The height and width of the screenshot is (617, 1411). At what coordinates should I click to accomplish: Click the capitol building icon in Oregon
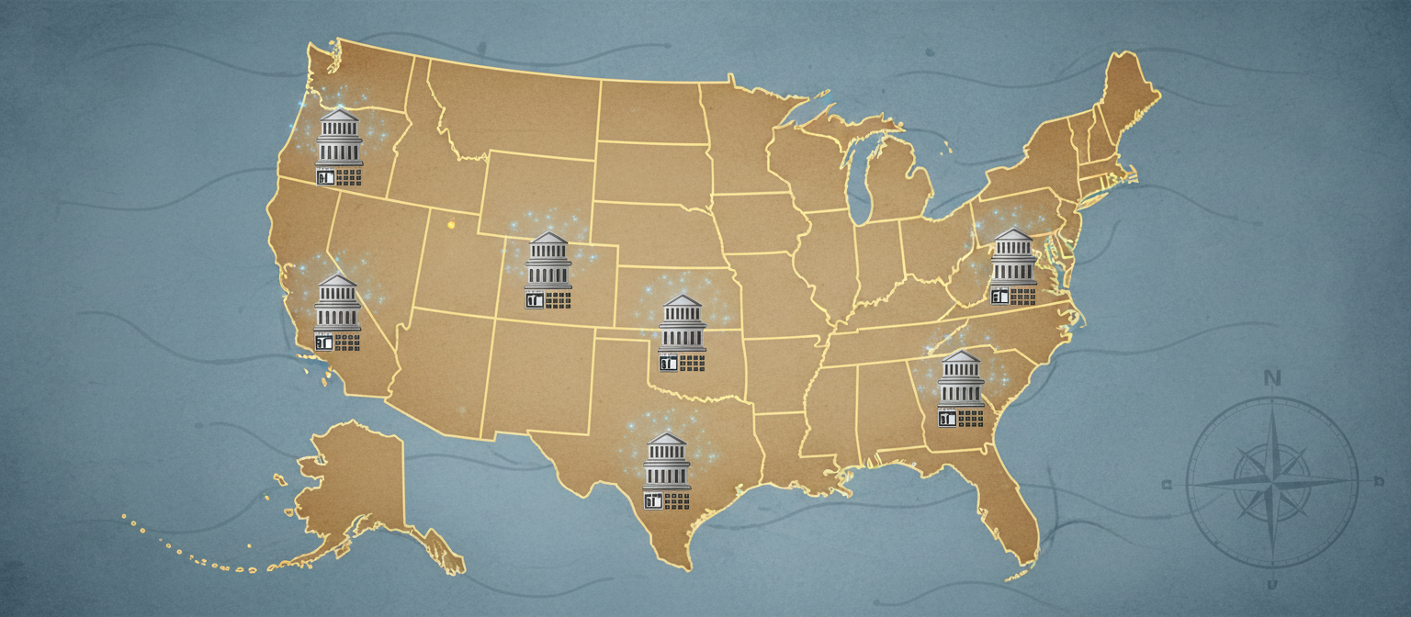tap(339, 147)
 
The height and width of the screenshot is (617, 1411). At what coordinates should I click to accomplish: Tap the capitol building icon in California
tap(337, 312)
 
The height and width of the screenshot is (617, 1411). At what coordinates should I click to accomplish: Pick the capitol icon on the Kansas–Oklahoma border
tap(683, 332)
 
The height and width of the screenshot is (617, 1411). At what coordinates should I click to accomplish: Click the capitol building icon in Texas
tap(666, 470)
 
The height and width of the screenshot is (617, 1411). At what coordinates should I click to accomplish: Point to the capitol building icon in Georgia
tap(961, 388)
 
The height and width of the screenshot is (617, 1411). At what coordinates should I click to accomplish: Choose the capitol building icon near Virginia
tap(1013, 265)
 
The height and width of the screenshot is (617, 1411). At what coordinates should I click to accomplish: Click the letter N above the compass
tap(1272, 378)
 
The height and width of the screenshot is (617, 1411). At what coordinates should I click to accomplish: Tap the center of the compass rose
tap(1272, 480)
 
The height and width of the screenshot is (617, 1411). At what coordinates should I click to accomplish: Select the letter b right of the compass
tap(1378, 481)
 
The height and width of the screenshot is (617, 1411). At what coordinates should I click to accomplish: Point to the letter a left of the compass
tap(1168, 484)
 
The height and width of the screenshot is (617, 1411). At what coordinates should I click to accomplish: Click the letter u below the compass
tap(1272, 585)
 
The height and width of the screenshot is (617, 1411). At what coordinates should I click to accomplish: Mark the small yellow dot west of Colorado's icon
tap(450, 223)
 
